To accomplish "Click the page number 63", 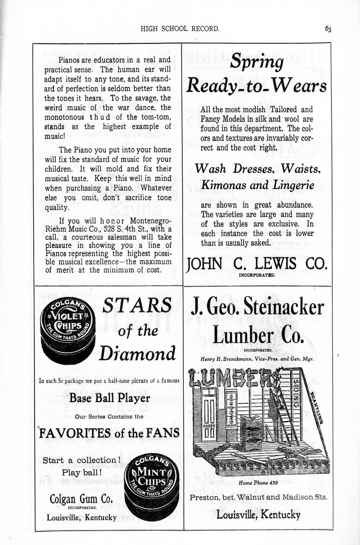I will (328, 29).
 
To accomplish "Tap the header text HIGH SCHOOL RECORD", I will (180, 29).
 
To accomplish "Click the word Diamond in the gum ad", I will (138, 354).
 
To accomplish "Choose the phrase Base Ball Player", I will (109, 398).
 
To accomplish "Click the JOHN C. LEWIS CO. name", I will (256, 264).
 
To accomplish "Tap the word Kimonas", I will (225, 185).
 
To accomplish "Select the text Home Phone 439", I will (258, 483).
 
